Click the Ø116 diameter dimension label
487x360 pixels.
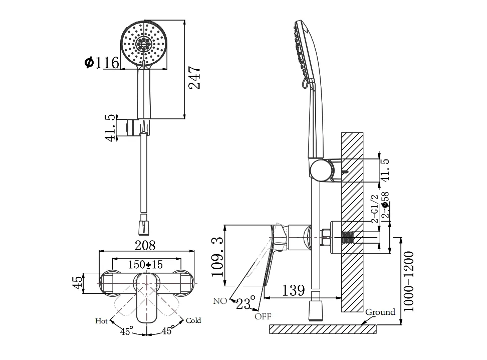point(102,63)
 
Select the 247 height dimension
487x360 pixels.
point(196,78)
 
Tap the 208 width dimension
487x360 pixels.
point(145,245)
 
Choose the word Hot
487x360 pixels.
point(102,320)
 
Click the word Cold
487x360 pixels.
point(193,320)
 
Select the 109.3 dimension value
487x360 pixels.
point(217,257)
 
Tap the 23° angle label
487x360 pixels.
point(246,303)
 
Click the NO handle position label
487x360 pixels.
point(220,301)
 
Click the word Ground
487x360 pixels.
point(380,312)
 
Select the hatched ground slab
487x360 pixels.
point(323,329)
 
